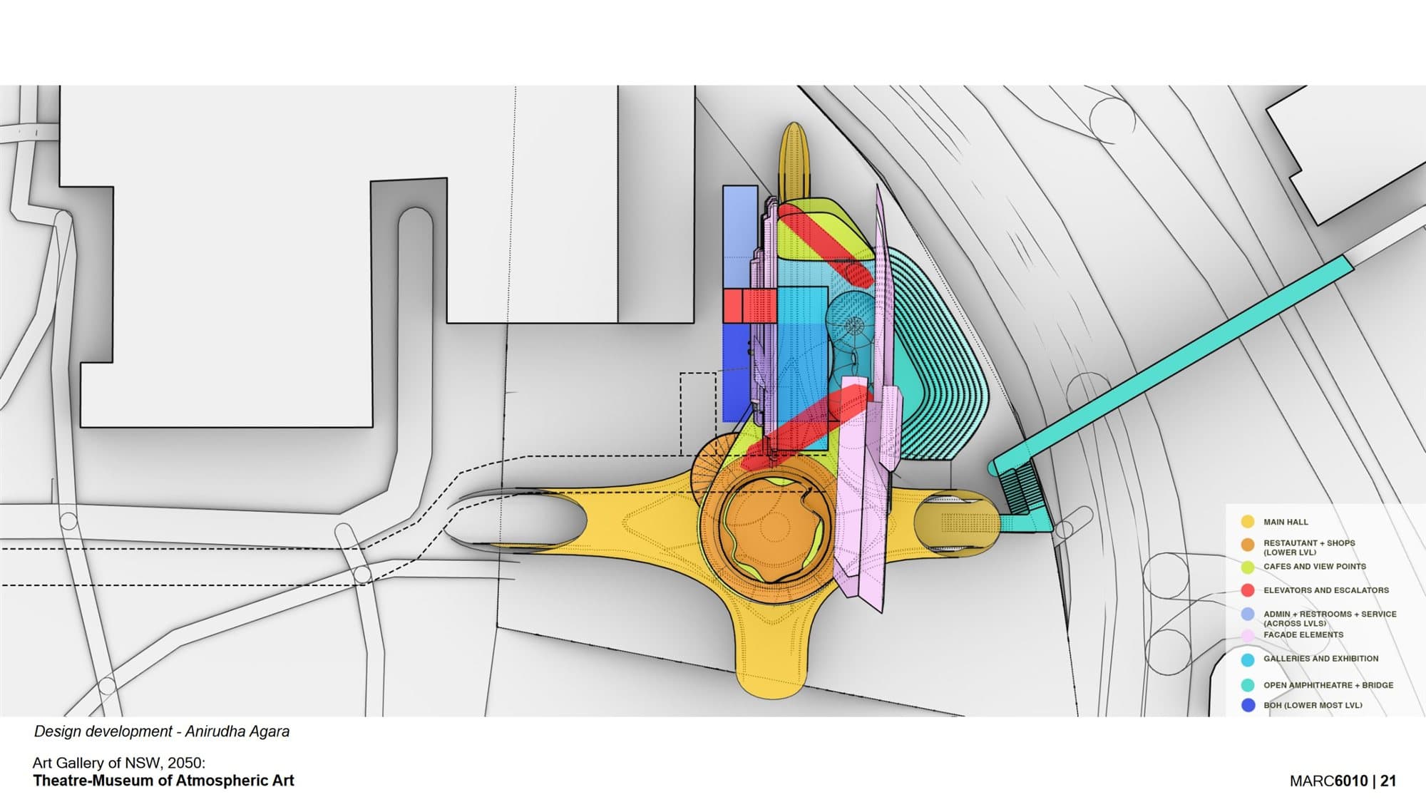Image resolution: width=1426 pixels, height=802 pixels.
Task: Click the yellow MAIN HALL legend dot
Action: tap(1248, 522)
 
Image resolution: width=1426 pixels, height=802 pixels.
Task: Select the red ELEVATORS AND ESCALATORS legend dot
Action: tap(1248, 590)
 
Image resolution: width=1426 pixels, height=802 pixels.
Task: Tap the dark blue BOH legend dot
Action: tap(1248, 705)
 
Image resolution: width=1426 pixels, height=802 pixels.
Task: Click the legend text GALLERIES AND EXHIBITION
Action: tap(1321, 659)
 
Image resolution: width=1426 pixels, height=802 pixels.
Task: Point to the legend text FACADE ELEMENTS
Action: tap(1303, 634)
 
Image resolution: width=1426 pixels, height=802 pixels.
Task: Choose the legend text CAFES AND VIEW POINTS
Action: tap(1315, 567)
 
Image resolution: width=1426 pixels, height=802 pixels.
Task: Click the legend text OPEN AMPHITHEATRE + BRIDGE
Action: tap(1328, 685)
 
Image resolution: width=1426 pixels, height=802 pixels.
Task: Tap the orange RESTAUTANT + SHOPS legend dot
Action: tap(1248, 545)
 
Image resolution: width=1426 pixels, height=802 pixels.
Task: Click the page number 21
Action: tap(1387, 781)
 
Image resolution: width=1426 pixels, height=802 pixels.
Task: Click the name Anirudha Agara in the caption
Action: tap(237, 731)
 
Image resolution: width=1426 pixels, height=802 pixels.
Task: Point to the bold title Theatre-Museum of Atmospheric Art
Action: tap(163, 781)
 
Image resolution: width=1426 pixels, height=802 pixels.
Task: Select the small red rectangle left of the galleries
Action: tap(749, 305)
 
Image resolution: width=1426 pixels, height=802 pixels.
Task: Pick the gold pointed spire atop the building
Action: tap(794, 160)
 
